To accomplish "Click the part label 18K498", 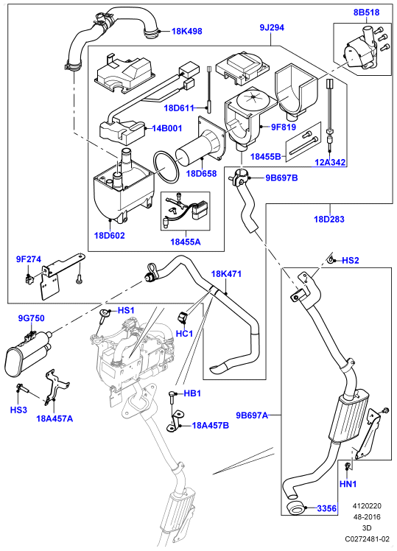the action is (x=186, y=31).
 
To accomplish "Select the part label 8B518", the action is (x=366, y=13).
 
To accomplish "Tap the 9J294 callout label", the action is (x=272, y=27).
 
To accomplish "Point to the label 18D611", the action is (x=179, y=108).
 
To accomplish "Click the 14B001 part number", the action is (x=167, y=128).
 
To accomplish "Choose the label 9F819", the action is (x=283, y=127).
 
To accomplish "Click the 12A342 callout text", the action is (x=329, y=162).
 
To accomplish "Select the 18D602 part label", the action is (x=109, y=235).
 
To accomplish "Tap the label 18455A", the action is (x=186, y=242).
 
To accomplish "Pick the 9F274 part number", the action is (x=29, y=259).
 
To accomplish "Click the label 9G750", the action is (x=31, y=318).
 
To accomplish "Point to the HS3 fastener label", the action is (x=18, y=410).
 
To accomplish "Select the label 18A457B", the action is (x=210, y=426).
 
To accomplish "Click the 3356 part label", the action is (x=326, y=508).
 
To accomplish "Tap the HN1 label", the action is (x=348, y=484).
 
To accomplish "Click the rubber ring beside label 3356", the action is (x=295, y=508).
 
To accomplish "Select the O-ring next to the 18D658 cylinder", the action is (x=166, y=167).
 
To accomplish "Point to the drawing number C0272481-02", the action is (x=367, y=538).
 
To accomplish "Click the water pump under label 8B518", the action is (x=361, y=54).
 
